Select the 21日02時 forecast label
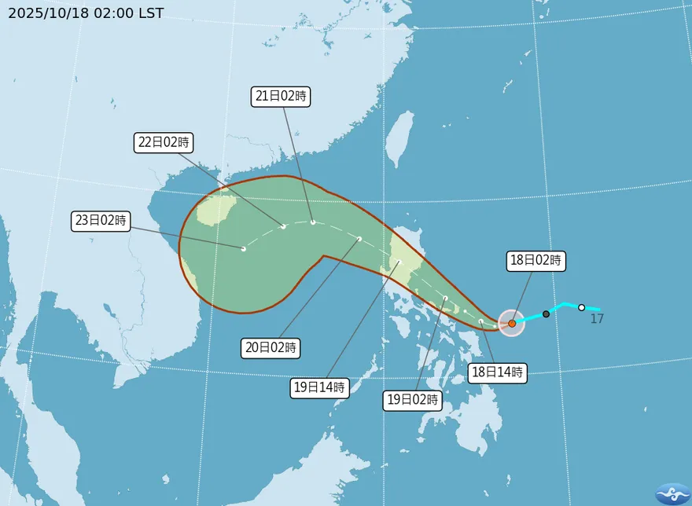[x=281, y=97]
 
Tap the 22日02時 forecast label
[x=162, y=142]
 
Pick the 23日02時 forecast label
[x=100, y=221]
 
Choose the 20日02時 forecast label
[x=270, y=347]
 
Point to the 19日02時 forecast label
[x=413, y=400]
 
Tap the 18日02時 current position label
[x=536, y=261]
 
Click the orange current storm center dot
[x=512, y=323]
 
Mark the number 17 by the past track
[x=597, y=319]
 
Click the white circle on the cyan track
[x=581, y=307]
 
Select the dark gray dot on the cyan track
[x=546, y=314]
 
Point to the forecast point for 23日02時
[x=244, y=249]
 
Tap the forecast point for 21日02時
[x=313, y=222]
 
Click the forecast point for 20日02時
[x=359, y=239]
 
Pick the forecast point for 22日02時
[x=283, y=227]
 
